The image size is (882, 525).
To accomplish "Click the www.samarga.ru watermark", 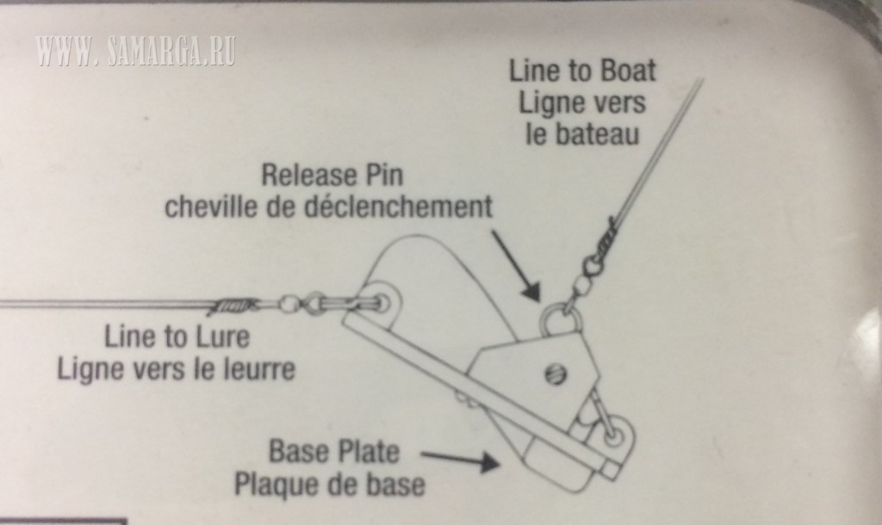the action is [x=135, y=52].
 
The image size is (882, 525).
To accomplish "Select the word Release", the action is [x=310, y=175].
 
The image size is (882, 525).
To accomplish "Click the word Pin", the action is [x=385, y=175].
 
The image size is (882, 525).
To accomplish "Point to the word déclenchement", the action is [x=398, y=207].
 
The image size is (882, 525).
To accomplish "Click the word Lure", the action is [x=221, y=337].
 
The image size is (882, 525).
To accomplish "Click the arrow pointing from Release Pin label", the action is [x=516, y=265].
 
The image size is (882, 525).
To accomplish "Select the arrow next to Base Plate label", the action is [x=461, y=460].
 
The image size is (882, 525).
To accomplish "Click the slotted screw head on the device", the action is [x=556, y=374].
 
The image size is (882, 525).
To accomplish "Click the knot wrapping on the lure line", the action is [x=234, y=306].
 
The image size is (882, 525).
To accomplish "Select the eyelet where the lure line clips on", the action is [x=383, y=304].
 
